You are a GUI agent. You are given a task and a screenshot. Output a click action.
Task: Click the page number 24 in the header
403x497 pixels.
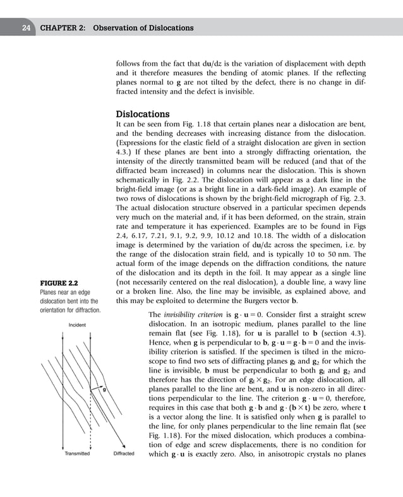click(27, 28)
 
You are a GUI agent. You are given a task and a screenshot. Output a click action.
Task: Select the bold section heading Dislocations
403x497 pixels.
click(142, 114)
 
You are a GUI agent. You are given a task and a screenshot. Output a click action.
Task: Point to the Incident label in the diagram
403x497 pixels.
click(77, 325)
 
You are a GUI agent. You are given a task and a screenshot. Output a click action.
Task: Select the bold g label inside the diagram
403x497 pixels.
click(104, 390)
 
